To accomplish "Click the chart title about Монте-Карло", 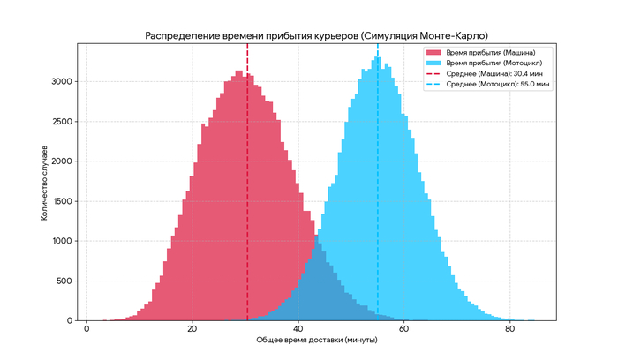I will (x=316, y=34).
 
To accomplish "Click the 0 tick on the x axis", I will (x=87, y=328).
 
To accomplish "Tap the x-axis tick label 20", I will (x=192, y=328).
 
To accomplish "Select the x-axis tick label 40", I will (x=298, y=328).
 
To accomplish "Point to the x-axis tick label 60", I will (x=404, y=328).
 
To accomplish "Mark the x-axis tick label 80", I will (x=510, y=328).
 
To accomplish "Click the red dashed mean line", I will (x=247, y=176).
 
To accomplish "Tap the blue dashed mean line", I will (x=378, y=176).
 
